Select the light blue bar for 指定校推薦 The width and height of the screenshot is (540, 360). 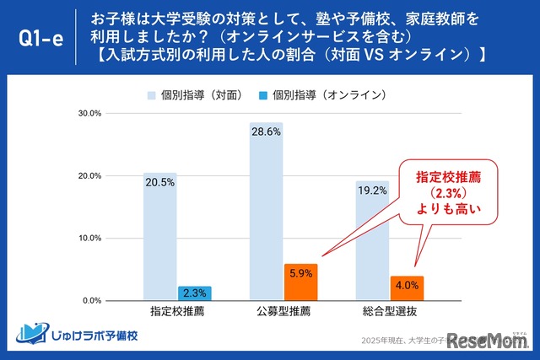160,236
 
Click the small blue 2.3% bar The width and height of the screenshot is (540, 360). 195,293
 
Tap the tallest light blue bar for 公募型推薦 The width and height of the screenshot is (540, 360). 266,211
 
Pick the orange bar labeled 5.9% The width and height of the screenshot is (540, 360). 300,282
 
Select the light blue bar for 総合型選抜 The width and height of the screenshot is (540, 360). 372,240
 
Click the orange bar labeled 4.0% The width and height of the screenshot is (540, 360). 407,287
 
